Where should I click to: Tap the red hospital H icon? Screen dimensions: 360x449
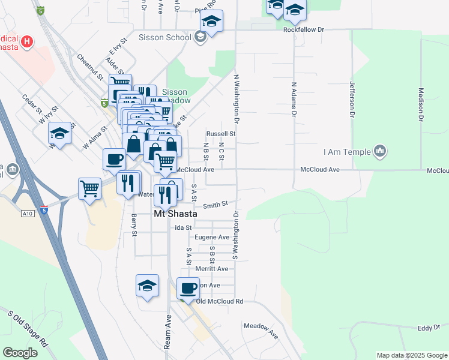[26, 41]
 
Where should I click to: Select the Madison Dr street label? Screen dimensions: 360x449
[421, 105]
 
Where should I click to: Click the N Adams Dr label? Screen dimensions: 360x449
[294, 100]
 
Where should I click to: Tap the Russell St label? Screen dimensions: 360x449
[220, 134]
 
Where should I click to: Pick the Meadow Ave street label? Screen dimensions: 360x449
[261, 329]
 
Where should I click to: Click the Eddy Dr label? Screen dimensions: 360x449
[425, 328]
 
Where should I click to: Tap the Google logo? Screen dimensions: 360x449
[20, 353]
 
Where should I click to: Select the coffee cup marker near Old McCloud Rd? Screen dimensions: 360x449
[188, 289]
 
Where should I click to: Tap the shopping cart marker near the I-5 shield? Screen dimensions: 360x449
[89, 188]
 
